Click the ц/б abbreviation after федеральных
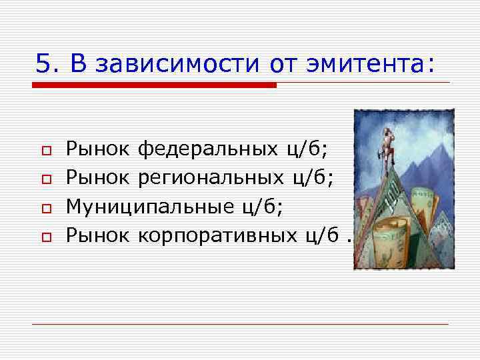coord(306,148)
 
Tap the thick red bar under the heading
coord(153,85)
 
